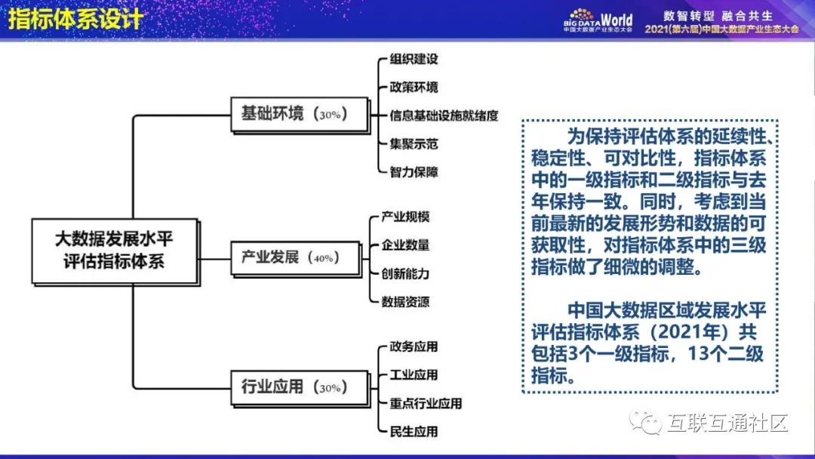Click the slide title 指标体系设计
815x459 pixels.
(x=75, y=18)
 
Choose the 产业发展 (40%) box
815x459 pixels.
(x=296, y=257)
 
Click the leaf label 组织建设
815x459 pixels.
(x=414, y=60)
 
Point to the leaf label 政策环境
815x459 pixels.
(x=414, y=88)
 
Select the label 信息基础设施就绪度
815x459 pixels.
(x=444, y=116)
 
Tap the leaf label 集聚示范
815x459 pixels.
(x=414, y=143)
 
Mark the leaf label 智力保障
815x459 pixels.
(x=414, y=171)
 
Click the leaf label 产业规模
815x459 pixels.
(x=405, y=217)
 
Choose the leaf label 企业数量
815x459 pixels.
(x=405, y=245)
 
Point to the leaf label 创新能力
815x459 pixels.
(x=405, y=273)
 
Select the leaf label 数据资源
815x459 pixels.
(x=405, y=302)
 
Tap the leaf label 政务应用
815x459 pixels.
(x=414, y=347)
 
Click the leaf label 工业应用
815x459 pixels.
(x=414, y=375)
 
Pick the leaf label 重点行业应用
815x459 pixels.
(x=426, y=403)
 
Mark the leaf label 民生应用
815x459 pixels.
(x=414, y=432)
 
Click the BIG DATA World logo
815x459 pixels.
(x=598, y=20)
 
